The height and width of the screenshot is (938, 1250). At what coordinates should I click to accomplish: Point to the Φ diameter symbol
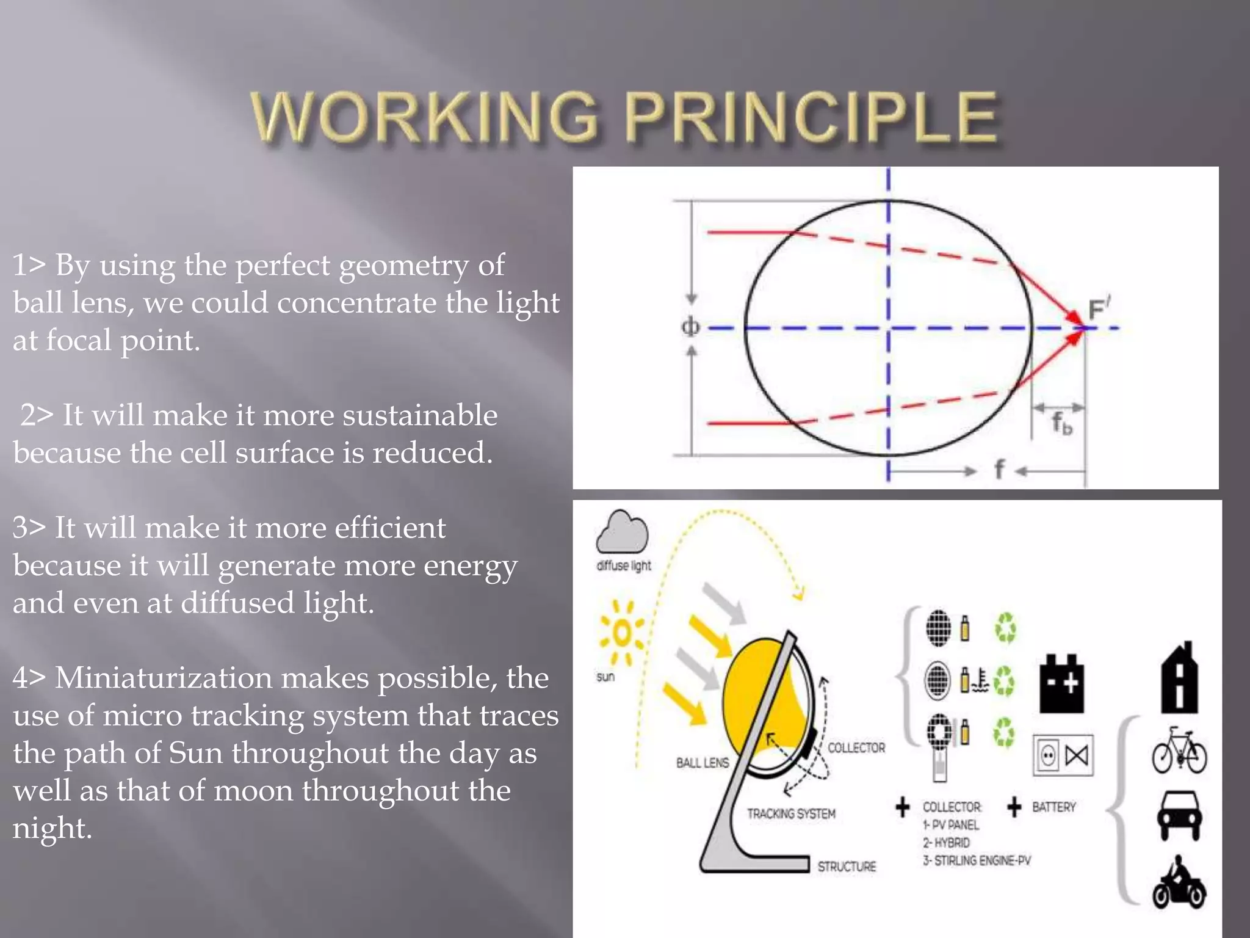pos(690,327)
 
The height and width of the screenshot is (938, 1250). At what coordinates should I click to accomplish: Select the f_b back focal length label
pos(1061,423)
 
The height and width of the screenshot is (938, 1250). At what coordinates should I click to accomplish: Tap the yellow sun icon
pos(621,633)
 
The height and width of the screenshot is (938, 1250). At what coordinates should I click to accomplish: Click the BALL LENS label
pos(702,763)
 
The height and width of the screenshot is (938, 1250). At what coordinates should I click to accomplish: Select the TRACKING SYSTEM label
pos(791,813)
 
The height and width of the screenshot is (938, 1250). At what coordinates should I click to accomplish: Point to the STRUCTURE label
pos(847,867)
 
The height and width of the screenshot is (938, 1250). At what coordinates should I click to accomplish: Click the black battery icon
pos(1062,684)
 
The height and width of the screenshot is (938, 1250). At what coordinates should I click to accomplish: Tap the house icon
pos(1179,678)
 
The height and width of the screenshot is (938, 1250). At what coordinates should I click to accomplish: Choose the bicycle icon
pos(1179,751)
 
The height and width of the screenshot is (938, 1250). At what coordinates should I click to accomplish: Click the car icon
pos(1179,816)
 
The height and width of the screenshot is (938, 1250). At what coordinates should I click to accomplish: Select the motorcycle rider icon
pos(1179,883)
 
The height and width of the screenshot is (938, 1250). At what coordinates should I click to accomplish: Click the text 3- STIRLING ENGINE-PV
pos(977,860)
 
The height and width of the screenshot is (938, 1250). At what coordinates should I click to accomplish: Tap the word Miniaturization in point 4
pos(211,678)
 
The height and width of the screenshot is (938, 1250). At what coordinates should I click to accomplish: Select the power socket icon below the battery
pos(1048,756)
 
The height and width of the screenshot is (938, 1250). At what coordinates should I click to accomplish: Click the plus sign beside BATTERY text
pos(1014,807)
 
